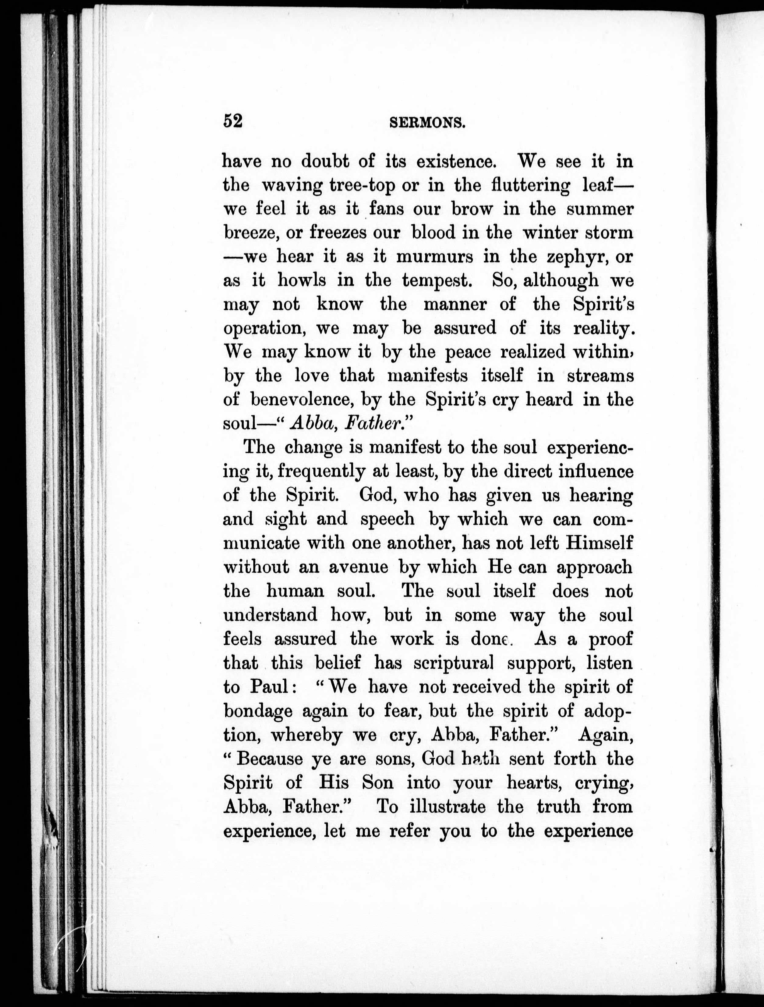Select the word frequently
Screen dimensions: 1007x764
(321, 471)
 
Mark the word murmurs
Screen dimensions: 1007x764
(435, 257)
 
